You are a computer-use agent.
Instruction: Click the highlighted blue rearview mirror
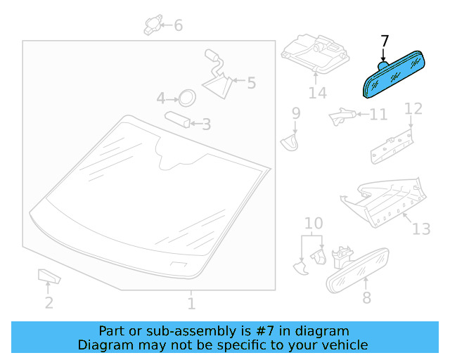(394, 75)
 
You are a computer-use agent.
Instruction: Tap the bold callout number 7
(385, 41)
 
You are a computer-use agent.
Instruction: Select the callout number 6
(178, 25)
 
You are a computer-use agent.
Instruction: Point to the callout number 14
(317, 93)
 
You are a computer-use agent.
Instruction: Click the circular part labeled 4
(187, 98)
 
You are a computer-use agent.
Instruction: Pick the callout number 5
(251, 83)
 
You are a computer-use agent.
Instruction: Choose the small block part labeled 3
(177, 119)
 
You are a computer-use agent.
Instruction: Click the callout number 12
(413, 109)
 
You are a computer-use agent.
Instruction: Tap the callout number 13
(421, 229)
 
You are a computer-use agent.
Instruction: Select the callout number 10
(314, 223)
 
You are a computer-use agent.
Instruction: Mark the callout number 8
(367, 297)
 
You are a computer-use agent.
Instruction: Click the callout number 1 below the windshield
(191, 304)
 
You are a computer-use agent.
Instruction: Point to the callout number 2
(49, 303)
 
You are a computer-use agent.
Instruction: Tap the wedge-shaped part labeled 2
(49, 276)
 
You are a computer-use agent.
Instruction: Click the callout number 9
(296, 113)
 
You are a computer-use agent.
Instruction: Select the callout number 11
(378, 115)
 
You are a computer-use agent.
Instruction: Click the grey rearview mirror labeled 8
(358, 270)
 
